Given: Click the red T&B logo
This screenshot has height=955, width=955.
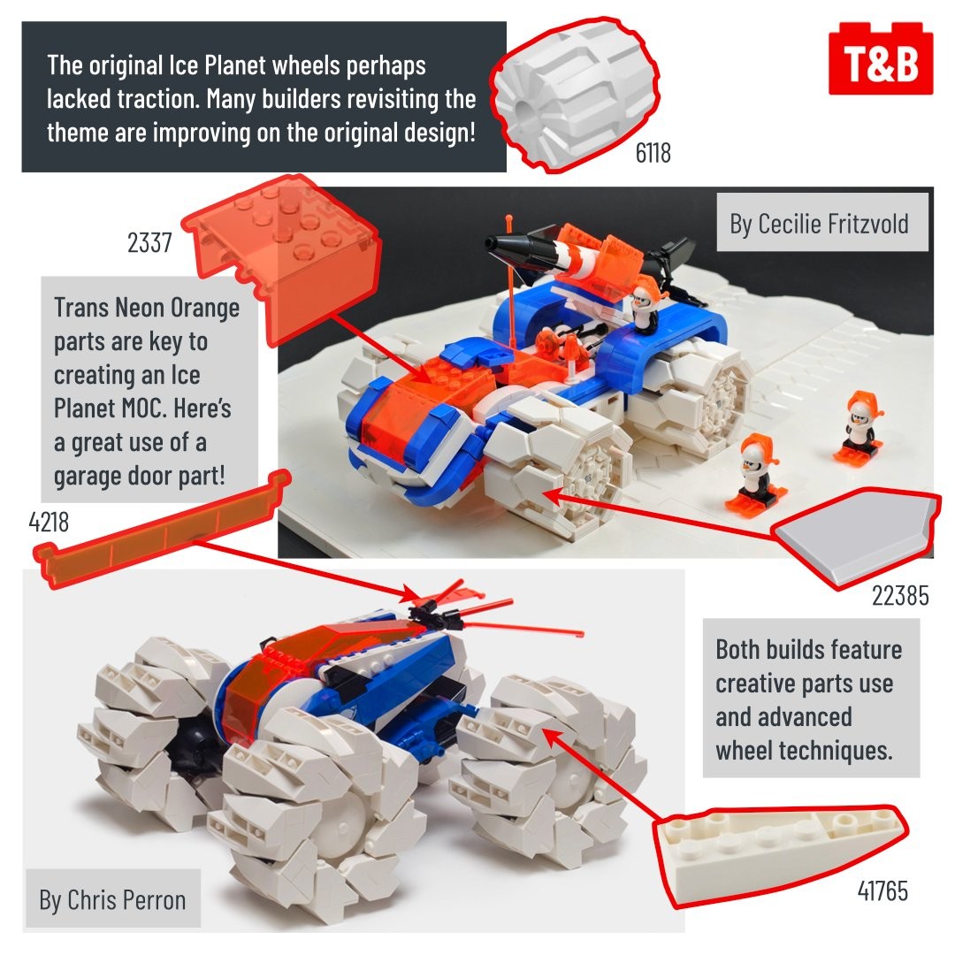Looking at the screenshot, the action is (881, 58).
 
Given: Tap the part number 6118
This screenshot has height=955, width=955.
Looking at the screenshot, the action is (653, 153).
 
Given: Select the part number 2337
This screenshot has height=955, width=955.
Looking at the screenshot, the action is (149, 242).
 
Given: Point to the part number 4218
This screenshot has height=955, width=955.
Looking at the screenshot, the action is (49, 522).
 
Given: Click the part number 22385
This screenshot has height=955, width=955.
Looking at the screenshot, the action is (900, 596).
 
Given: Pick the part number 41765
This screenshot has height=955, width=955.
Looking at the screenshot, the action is (882, 890).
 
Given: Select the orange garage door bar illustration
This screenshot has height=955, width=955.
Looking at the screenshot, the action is (162, 529).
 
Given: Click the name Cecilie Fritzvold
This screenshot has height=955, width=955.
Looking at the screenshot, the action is (833, 224).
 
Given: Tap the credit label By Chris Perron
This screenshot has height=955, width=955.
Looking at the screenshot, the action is (112, 899).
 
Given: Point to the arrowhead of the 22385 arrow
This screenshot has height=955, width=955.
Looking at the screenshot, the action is (550, 495).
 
